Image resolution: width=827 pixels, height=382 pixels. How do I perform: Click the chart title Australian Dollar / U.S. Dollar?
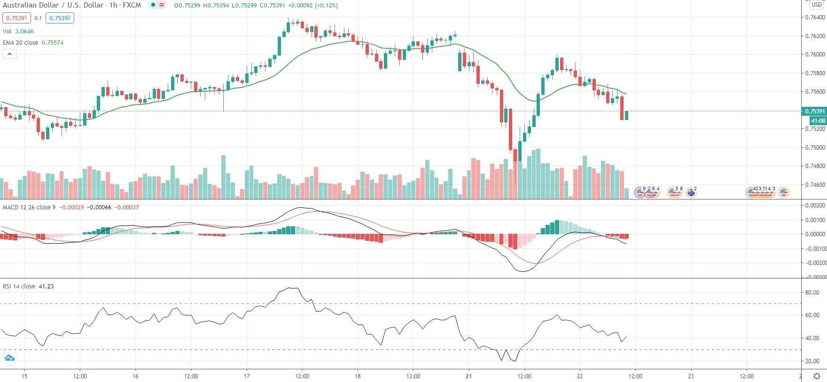click(53, 5)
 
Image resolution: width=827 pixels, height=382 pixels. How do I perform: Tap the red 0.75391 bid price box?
click(16, 18)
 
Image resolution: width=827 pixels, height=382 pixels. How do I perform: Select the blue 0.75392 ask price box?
click(60, 18)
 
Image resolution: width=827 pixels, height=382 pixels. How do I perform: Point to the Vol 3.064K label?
click(18, 32)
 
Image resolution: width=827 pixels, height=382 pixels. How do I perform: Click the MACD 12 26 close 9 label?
click(29, 207)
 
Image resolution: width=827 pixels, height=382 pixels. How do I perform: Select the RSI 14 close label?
click(19, 286)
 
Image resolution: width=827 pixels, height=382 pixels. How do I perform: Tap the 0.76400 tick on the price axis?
click(815, 17)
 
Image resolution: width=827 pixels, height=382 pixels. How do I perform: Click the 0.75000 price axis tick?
click(815, 147)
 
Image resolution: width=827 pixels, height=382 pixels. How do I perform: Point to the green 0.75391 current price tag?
click(814, 111)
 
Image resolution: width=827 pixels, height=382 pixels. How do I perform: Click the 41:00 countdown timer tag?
click(818, 121)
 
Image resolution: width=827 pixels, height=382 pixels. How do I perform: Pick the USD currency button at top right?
click(817, 5)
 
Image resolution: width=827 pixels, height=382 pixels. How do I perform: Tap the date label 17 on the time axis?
click(247, 376)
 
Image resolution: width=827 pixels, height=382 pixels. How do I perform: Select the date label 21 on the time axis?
click(469, 376)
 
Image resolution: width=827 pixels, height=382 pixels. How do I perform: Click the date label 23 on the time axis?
click(691, 376)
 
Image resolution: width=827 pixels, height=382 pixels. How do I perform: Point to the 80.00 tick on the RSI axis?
click(812, 293)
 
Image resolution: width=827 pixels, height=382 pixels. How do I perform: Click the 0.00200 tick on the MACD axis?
click(815, 206)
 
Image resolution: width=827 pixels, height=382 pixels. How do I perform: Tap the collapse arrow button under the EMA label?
click(9, 54)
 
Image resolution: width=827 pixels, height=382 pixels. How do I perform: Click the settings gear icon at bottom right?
click(817, 376)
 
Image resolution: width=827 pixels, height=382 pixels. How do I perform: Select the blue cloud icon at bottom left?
click(9, 358)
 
